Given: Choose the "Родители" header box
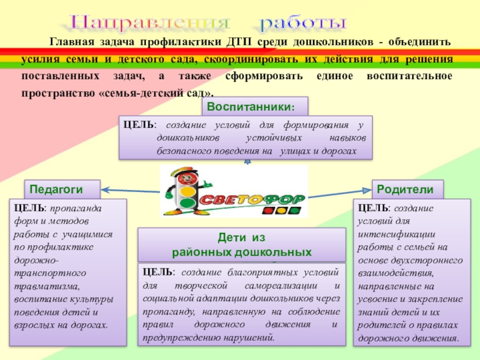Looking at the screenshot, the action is pos(406,188).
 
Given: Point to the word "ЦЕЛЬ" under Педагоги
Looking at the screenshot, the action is pos(27,208).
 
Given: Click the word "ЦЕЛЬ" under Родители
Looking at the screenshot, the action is pos(372,208).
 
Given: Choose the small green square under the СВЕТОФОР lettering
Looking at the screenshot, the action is pos(295,211).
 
